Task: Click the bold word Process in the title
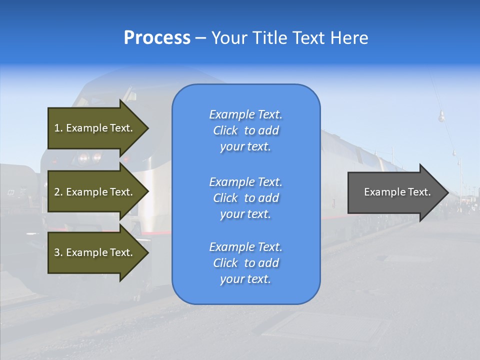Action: (x=157, y=38)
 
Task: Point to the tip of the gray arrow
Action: (x=447, y=192)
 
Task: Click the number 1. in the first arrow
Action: (x=58, y=128)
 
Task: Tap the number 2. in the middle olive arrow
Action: (x=58, y=192)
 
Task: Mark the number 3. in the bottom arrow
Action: (x=58, y=252)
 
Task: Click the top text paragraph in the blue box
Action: (x=245, y=130)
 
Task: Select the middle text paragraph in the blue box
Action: (x=245, y=198)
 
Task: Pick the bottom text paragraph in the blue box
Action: (x=245, y=263)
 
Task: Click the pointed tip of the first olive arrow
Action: (x=147, y=128)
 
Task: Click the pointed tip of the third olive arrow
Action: (x=147, y=252)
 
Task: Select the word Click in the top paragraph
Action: (x=225, y=130)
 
